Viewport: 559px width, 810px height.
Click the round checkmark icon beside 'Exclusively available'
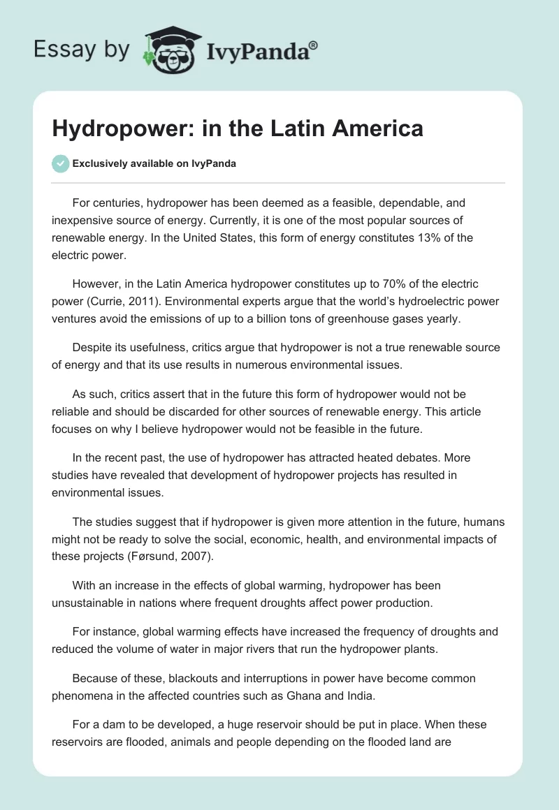[x=60, y=163]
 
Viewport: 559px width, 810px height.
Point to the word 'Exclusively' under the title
[x=99, y=163]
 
